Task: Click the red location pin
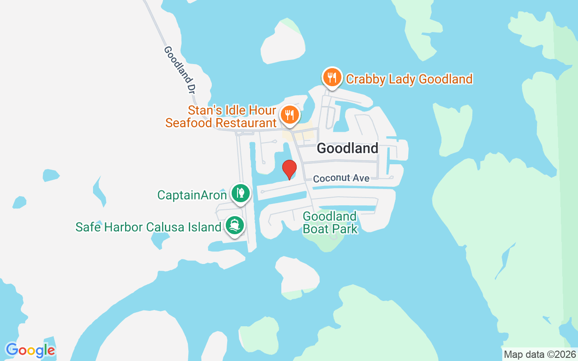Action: [289, 169]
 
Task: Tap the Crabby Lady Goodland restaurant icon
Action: [332, 77]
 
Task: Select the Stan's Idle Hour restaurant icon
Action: [288, 115]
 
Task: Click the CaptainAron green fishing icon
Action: [241, 193]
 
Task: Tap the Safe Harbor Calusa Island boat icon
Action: [233, 224]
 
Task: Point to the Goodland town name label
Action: [347, 148]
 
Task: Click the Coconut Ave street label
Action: [341, 178]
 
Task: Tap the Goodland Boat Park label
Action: [330, 222]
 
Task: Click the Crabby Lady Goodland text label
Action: [409, 79]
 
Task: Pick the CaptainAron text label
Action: [192, 195]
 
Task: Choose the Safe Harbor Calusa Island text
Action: [148, 227]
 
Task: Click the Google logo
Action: [30, 350]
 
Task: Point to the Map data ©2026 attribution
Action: [540, 354]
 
